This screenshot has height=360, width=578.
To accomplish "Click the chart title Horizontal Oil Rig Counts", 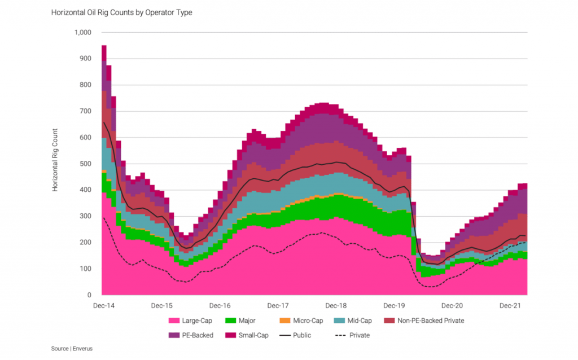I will click(x=121, y=12).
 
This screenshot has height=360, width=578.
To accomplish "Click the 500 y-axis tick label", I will click(x=85, y=164).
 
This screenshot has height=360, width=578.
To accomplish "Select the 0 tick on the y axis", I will click(x=89, y=295).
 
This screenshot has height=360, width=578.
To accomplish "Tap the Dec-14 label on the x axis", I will click(x=103, y=306).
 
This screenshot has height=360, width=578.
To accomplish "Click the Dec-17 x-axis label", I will click(x=278, y=306).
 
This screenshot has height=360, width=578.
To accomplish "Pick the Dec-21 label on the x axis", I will click(x=510, y=306).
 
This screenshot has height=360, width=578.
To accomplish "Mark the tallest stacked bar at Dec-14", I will click(x=104, y=169).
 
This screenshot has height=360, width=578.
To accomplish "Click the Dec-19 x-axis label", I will click(x=394, y=306).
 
